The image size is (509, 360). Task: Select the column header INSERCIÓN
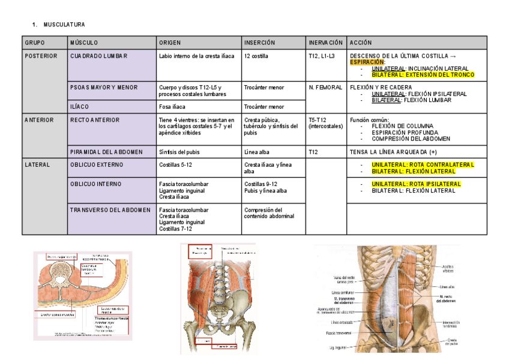click(x=259, y=43)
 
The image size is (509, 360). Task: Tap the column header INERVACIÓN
click(x=326, y=43)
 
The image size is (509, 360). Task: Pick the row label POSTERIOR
click(x=41, y=56)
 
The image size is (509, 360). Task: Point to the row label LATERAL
click(x=37, y=164)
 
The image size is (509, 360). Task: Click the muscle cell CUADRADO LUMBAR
click(x=98, y=56)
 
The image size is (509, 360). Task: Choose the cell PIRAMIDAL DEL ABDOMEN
click(x=106, y=152)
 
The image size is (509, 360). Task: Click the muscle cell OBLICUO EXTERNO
click(x=95, y=164)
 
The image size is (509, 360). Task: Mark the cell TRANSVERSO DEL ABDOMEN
click(x=110, y=210)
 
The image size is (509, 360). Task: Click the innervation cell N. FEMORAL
click(x=325, y=88)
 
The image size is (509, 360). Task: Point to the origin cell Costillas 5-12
click(x=175, y=164)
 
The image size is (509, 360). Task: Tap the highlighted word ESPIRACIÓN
click(x=367, y=62)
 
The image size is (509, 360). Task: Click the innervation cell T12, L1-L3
click(x=322, y=56)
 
